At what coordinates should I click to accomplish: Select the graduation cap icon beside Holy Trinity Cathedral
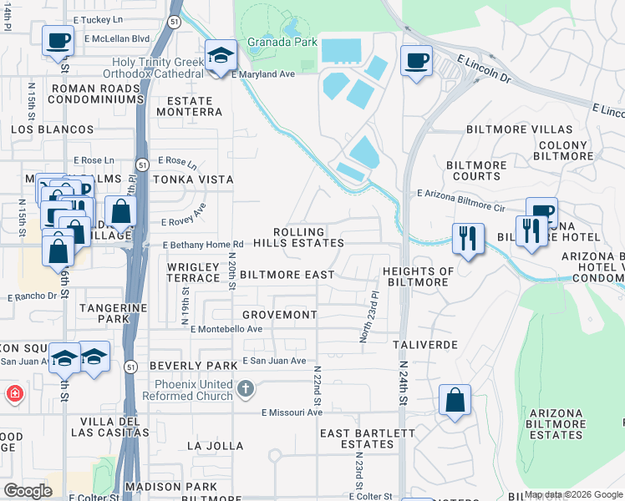click(x=221, y=56)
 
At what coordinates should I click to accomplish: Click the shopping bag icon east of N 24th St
click(x=455, y=400)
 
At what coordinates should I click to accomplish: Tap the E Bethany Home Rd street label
click(x=203, y=245)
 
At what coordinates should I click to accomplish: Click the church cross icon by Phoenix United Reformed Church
click(x=246, y=388)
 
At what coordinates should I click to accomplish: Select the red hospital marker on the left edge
click(x=14, y=392)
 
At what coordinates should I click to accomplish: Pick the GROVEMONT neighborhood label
click(x=279, y=315)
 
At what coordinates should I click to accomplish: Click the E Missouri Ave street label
click(x=292, y=412)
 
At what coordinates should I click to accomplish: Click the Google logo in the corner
click(x=28, y=491)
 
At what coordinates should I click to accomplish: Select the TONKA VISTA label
click(x=191, y=180)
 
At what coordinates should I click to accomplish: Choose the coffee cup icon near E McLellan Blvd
click(x=58, y=40)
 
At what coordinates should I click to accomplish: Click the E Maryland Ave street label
click(x=263, y=74)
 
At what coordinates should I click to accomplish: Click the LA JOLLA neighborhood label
click(x=215, y=446)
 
